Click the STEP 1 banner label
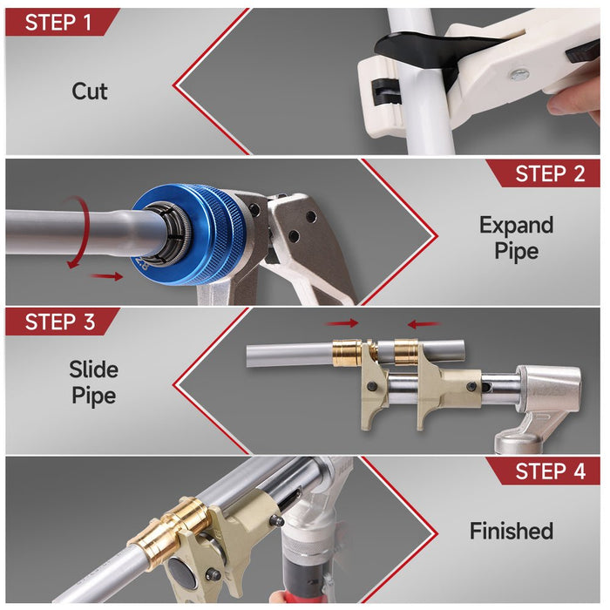click(58, 22)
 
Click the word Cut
click(90, 91)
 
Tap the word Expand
click(516, 226)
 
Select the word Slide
click(94, 369)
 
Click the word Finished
click(512, 531)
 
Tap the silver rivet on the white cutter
click(519, 74)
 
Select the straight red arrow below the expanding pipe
click(106, 276)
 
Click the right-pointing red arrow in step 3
click(342, 323)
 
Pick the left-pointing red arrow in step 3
click(424, 323)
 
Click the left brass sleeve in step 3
click(347, 353)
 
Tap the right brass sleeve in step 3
click(406, 352)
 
